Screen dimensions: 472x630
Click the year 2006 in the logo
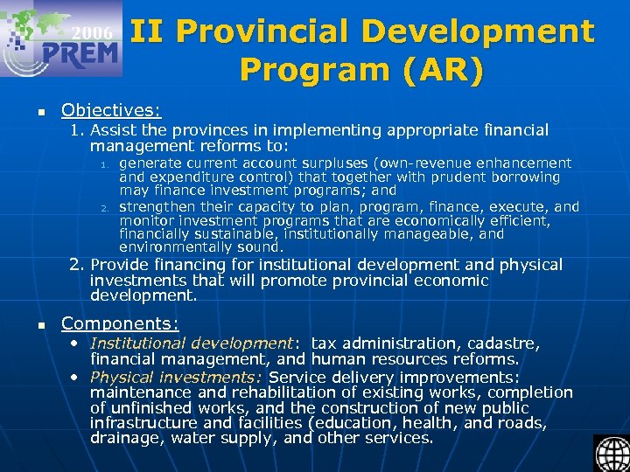92,33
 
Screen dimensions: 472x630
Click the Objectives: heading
111,111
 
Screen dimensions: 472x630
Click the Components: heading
120,323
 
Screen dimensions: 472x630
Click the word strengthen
158,207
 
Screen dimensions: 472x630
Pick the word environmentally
173,246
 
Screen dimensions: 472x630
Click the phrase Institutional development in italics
192,344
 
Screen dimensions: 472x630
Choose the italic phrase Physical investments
175,378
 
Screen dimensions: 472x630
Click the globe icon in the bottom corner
612,453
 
